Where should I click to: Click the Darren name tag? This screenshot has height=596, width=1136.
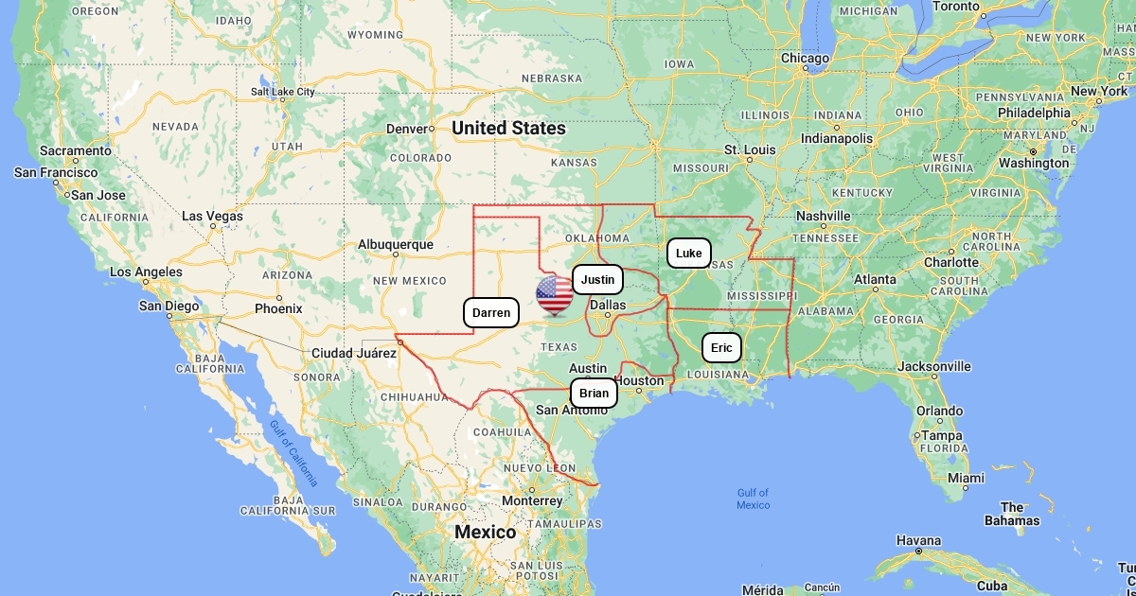point(491,313)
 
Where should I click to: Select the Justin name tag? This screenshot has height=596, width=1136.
point(597,280)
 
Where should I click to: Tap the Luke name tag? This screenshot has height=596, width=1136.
point(689,254)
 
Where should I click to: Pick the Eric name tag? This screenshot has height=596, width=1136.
point(721,348)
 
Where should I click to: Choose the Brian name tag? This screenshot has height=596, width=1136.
point(594,394)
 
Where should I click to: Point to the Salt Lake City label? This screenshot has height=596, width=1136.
point(282,92)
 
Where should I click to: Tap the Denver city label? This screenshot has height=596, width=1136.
point(408,129)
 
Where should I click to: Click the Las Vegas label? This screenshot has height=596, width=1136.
point(212,217)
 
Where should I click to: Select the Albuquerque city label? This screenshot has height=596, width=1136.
point(396,244)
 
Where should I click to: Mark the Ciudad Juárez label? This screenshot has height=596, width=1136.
point(354,353)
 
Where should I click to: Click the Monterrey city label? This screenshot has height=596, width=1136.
point(532,500)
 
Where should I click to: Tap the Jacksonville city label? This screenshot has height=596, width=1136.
point(934,366)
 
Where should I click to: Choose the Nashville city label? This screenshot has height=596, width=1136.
point(824,216)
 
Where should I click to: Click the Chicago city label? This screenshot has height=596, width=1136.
point(805,59)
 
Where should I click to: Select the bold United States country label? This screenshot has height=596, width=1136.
point(508,128)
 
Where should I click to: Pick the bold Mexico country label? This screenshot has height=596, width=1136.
point(486,532)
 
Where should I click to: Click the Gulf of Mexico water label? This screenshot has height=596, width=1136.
point(754,499)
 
